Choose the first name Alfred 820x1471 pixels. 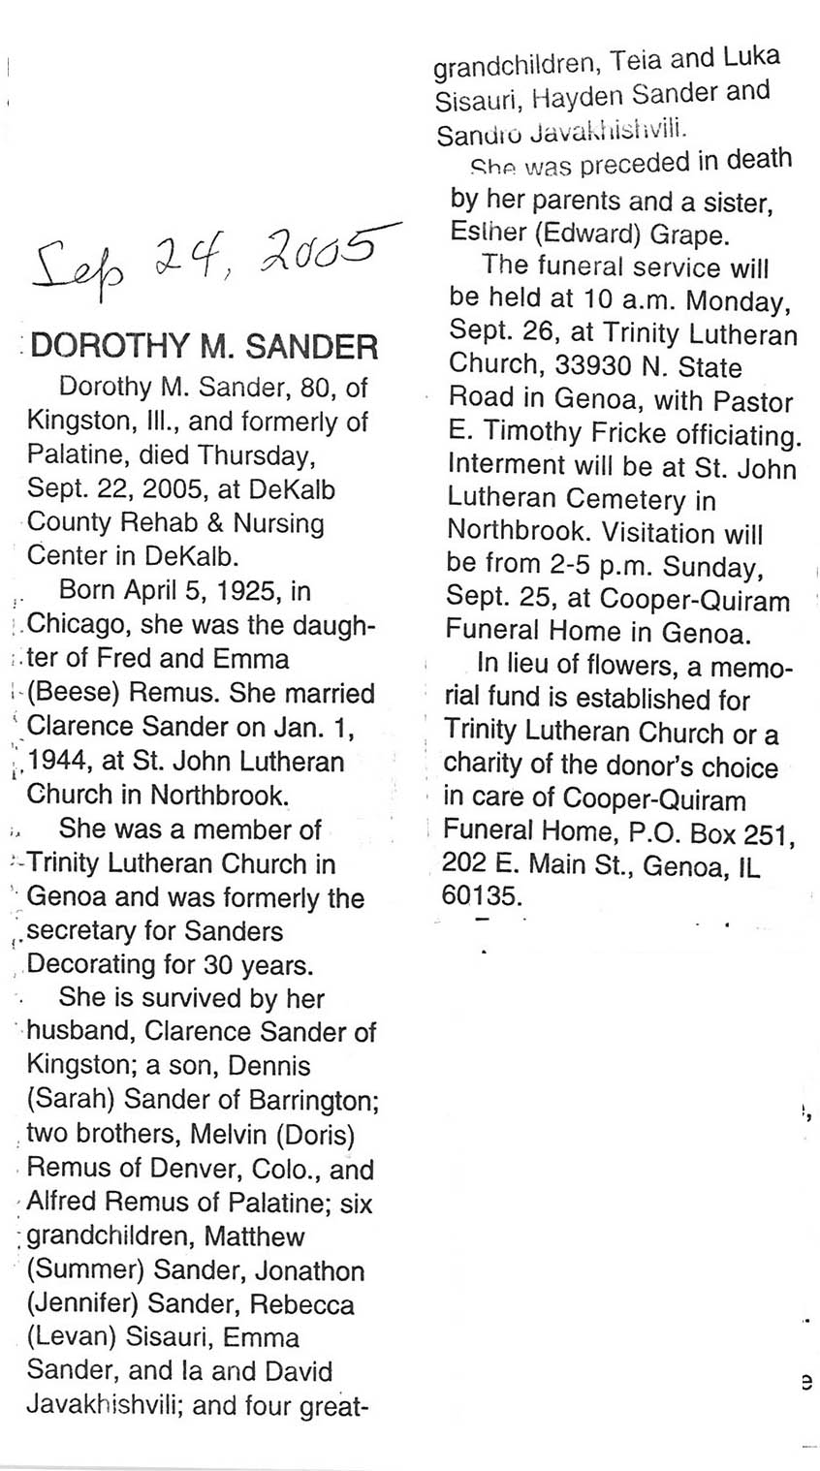coord(60,1204)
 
